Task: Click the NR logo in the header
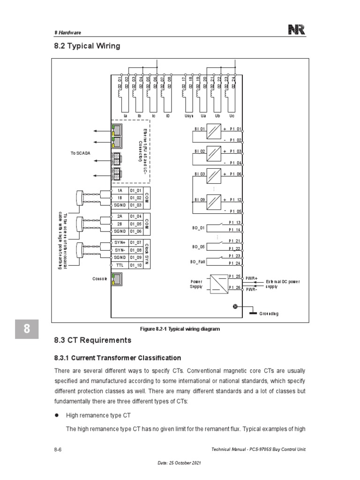[297, 30]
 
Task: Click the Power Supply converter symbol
[217, 283]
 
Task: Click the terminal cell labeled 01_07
[135, 242]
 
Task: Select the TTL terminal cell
[119, 265]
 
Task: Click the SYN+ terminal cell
[119, 242]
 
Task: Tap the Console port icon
[115, 278]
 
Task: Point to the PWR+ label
[252, 278]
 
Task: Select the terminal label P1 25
[234, 276]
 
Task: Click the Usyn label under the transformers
[189, 115]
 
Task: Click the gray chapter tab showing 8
[27, 330]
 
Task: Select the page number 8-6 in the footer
[58, 450]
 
